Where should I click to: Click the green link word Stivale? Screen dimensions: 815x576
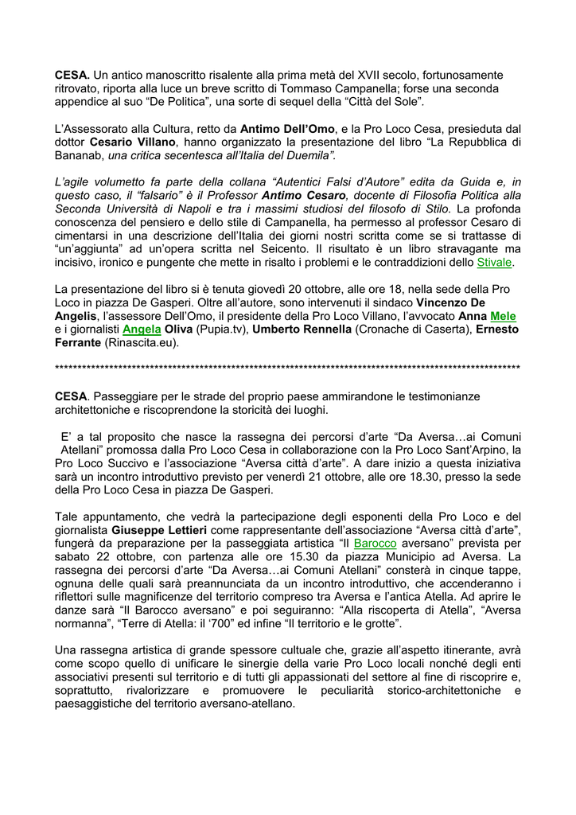click(x=495, y=262)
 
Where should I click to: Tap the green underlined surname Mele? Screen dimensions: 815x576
click(x=504, y=316)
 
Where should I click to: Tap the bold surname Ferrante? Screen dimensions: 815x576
click(x=78, y=343)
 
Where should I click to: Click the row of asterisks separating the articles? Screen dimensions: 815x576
click(x=287, y=369)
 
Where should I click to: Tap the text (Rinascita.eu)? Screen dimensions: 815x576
click(x=142, y=343)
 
